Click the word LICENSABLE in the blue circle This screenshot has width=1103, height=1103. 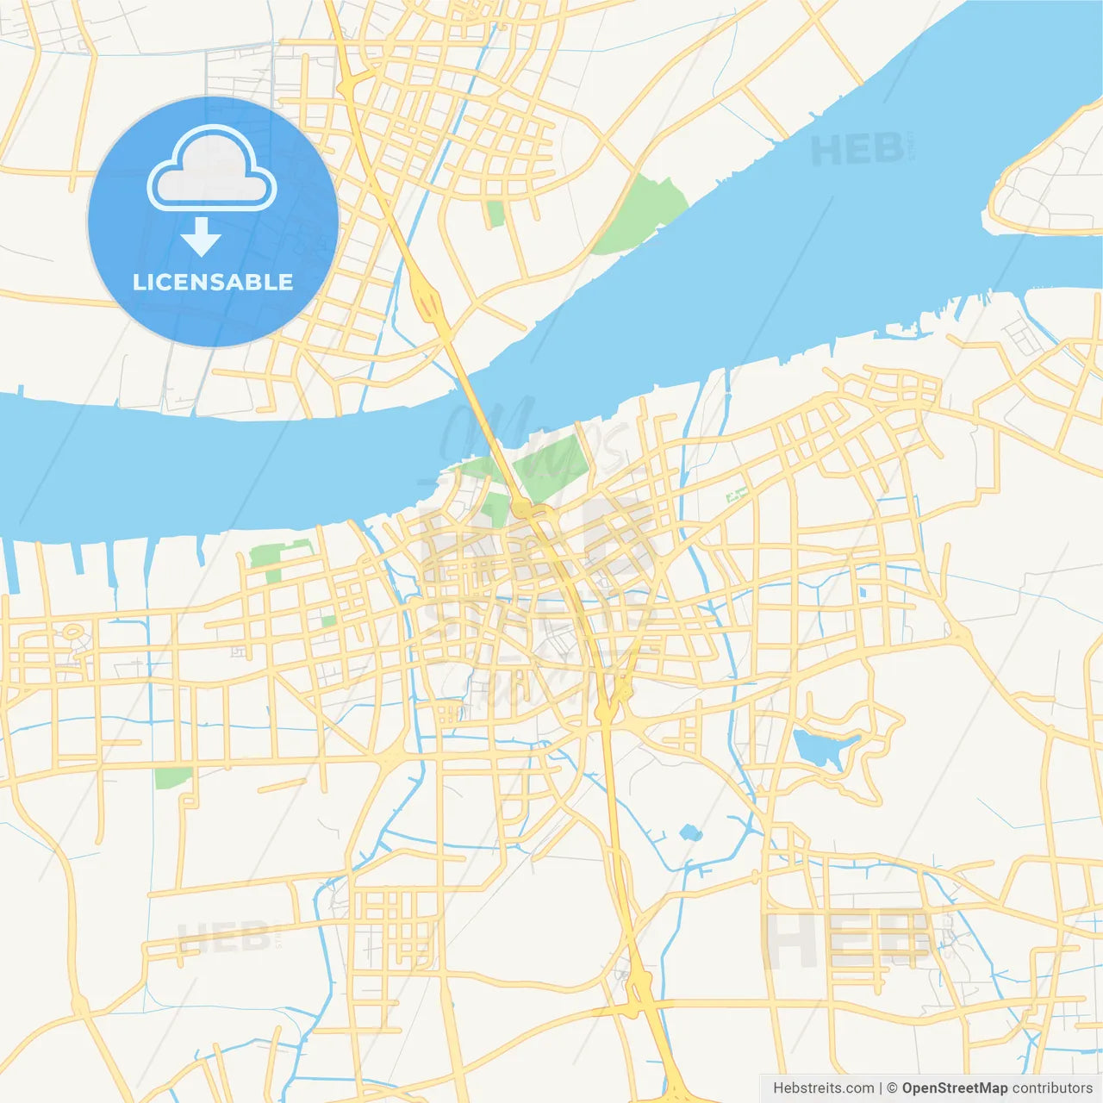(x=213, y=282)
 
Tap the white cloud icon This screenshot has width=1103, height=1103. (x=212, y=169)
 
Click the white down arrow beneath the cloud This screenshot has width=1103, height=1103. (x=202, y=238)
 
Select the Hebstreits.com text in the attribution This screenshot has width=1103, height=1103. (x=823, y=1088)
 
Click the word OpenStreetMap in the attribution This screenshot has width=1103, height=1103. (x=955, y=1088)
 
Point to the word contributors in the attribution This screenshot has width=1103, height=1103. (x=1052, y=1088)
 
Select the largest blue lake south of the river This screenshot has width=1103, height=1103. (x=823, y=748)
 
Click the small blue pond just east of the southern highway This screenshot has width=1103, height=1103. (x=689, y=832)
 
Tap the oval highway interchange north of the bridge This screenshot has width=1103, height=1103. (x=427, y=302)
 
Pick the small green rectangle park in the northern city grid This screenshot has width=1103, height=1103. (x=495, y=213)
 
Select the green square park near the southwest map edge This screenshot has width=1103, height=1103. (x=173, y=776)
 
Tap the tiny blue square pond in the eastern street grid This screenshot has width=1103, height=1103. (x=863, y=592)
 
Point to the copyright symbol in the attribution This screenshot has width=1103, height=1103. (x=893, y=1088)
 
